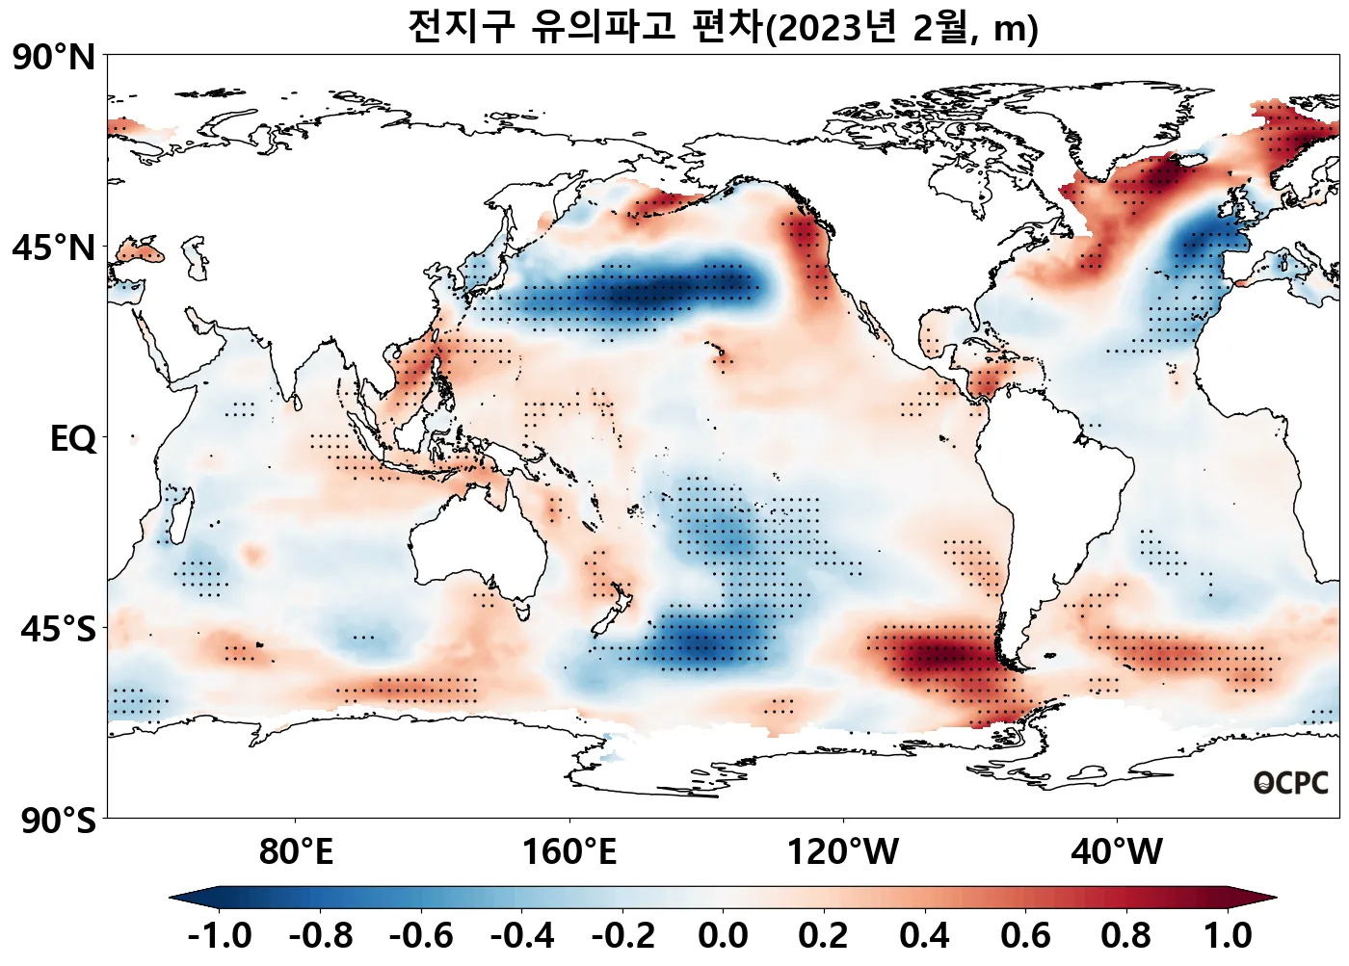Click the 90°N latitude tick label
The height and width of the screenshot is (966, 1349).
(54, 58)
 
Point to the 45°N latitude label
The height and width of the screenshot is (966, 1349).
(54, 248)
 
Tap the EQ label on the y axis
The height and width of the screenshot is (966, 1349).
(73, 439)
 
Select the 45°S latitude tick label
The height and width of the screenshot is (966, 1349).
(58, 630)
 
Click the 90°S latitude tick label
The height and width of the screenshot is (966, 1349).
(58, 822)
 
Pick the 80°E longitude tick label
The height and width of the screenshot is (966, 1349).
(296, 852)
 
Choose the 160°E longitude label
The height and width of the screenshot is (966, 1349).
(569, 852)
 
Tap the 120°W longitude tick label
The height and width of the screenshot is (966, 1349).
(843, 852)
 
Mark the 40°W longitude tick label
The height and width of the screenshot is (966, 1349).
(1117, 852)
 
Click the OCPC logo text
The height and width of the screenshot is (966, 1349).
(1290, 784)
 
